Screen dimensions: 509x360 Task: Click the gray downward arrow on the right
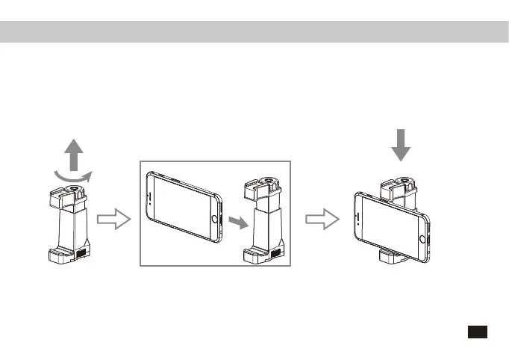402,144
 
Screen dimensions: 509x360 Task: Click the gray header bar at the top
254,31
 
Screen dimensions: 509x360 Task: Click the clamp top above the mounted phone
401,184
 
